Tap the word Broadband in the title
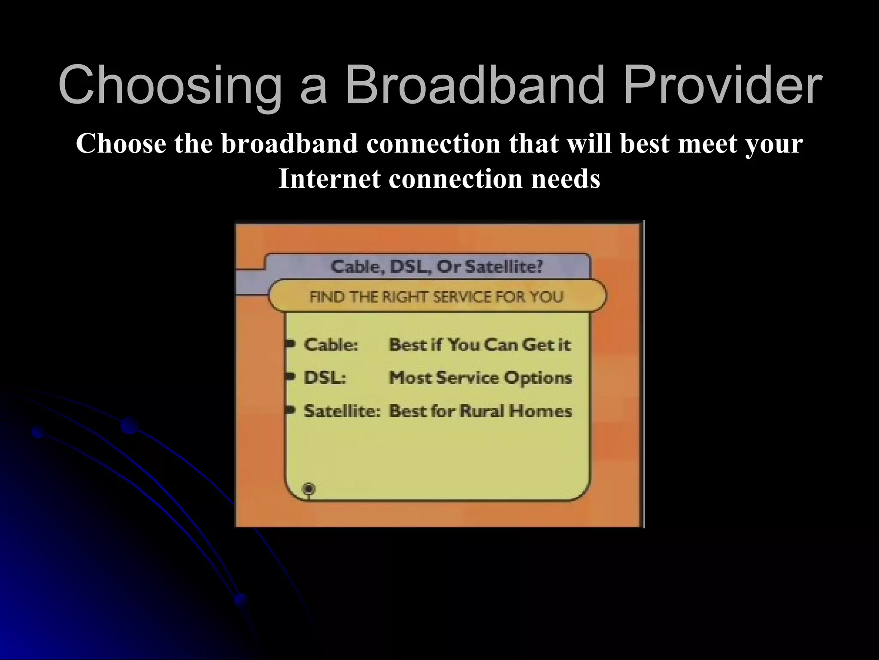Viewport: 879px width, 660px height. click(474, 85)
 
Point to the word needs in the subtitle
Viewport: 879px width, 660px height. click(565, 179)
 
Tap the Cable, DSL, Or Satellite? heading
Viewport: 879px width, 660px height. click(436, 267)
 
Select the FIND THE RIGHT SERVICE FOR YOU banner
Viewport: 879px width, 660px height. click(436, 296)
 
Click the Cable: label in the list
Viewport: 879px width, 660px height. click(331, 345)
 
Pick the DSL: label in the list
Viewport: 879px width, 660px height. click(325, 378)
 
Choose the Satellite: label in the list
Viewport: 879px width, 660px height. click(342, 411)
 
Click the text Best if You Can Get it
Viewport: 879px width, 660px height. click(480, 345)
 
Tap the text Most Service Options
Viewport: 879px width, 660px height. click(480, 378)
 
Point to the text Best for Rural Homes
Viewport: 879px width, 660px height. click(480, 411)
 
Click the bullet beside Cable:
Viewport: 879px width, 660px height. click(291, 343)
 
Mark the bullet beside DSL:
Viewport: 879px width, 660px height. click(291, 376)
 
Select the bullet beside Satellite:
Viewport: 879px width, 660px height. click(291, 409)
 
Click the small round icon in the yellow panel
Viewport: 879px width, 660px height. click(309, 489)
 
